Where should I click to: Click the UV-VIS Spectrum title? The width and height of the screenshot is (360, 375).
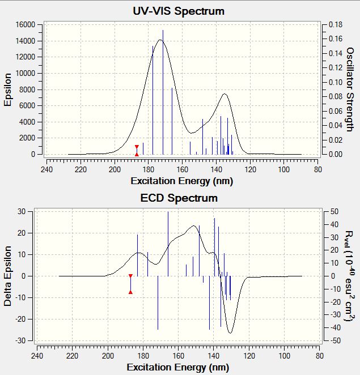[179, 11]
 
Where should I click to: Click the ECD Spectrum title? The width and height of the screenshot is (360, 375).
[179, 198]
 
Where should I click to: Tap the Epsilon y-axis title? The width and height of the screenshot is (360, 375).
[8, 89]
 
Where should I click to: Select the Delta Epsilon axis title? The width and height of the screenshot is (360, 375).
[8, 275]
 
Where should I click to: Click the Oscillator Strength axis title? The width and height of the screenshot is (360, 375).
[350, 89]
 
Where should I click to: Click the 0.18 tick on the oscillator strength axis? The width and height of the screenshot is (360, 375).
[336, 25]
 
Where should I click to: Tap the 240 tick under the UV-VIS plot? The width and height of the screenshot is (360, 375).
[47, 168]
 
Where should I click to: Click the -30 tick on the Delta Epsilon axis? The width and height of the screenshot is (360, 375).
[22, 340]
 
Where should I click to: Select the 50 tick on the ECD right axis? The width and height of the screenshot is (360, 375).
[333, 211]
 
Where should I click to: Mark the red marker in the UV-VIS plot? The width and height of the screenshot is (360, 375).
[137, 150]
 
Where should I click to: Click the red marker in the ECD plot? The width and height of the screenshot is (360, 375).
[130, 284]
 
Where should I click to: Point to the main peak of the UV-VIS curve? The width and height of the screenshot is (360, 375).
[161, 40]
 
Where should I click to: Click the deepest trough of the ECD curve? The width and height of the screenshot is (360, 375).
[230, 333]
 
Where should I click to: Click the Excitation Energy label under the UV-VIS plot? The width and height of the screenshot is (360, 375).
[181, 181]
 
